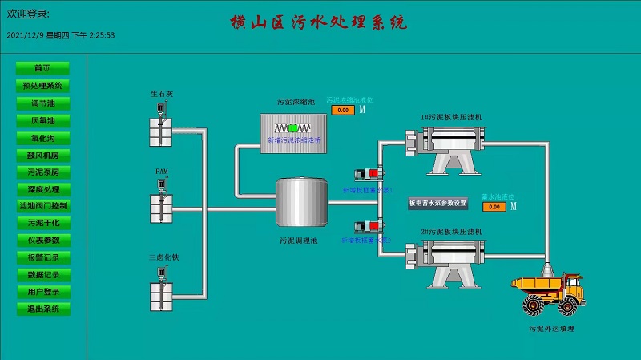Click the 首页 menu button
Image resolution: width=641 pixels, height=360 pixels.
(42, 68)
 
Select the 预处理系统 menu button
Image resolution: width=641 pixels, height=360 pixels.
(42, 86)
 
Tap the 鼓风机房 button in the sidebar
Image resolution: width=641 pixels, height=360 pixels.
(42, 155)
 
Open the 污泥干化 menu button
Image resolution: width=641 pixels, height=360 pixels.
(42, 223)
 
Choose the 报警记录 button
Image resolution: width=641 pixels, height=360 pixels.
(42, 257)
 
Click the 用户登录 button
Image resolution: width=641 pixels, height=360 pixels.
(42, 292)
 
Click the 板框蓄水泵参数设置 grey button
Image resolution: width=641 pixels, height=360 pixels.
(437, 204)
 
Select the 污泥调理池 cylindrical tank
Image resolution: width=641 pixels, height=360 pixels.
(301, 204)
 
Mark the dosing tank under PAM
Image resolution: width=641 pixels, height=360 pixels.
(161, 204)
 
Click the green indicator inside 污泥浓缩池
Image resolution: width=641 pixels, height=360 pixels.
(294, 128)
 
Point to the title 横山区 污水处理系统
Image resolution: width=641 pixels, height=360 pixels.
(318, 22)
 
